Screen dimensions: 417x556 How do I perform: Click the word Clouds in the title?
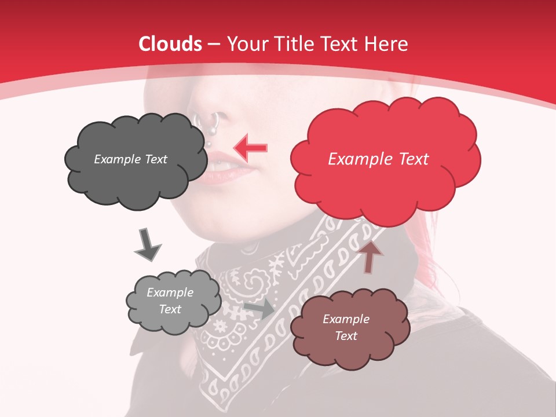tap(170, 44)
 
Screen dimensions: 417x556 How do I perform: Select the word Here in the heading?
tap(387, 44)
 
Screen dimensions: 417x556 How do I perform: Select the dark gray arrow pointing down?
tap(147, 244)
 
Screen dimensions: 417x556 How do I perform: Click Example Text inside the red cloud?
tap(378, 159)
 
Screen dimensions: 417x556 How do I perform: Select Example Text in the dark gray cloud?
tap(130, 159)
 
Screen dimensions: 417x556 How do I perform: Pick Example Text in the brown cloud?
tap(346, 327)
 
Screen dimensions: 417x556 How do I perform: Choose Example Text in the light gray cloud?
tap(170, 301)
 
